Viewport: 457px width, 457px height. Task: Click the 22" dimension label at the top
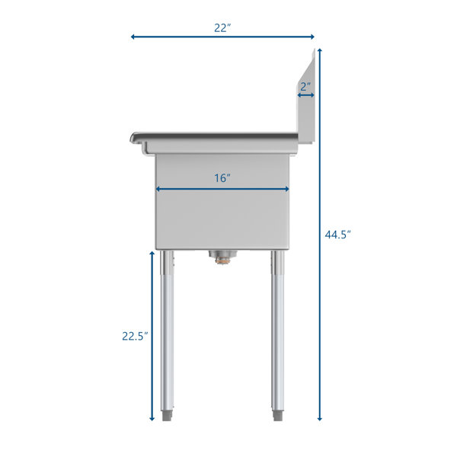222,28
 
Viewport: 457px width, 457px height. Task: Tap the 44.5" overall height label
337,235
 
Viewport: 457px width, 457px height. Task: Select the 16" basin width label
222,177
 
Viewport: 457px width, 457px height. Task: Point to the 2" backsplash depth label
305,87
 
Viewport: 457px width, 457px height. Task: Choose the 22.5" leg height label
135,336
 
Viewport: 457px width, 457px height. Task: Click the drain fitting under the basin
222,257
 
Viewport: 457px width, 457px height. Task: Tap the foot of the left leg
168,415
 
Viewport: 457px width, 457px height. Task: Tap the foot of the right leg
278,415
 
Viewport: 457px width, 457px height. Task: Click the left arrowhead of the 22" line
133,37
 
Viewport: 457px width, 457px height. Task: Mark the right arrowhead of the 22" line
312,37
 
